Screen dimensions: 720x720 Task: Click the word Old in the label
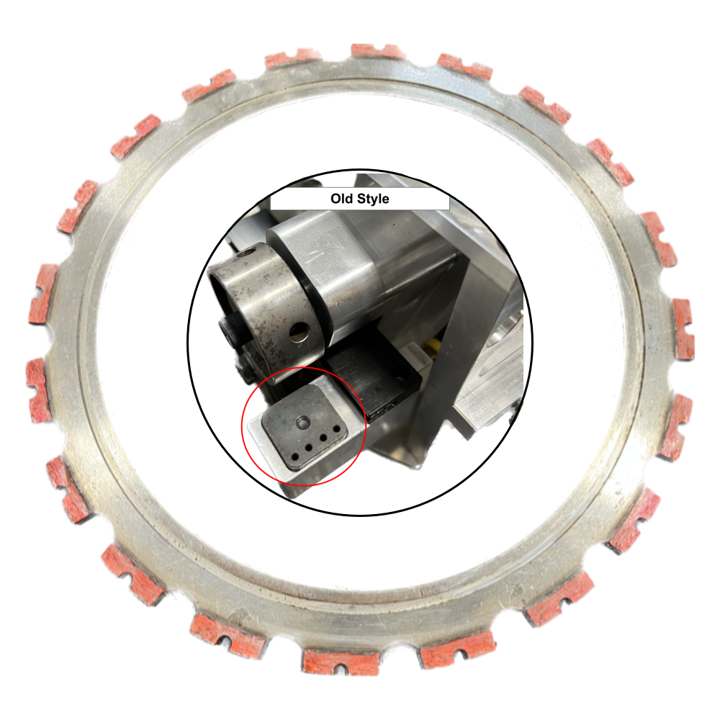click(342, 199)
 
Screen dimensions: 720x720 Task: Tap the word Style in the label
click(373, 199)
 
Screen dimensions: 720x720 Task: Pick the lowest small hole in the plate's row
click(294, 457)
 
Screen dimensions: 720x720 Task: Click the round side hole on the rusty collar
click(299, 331)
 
